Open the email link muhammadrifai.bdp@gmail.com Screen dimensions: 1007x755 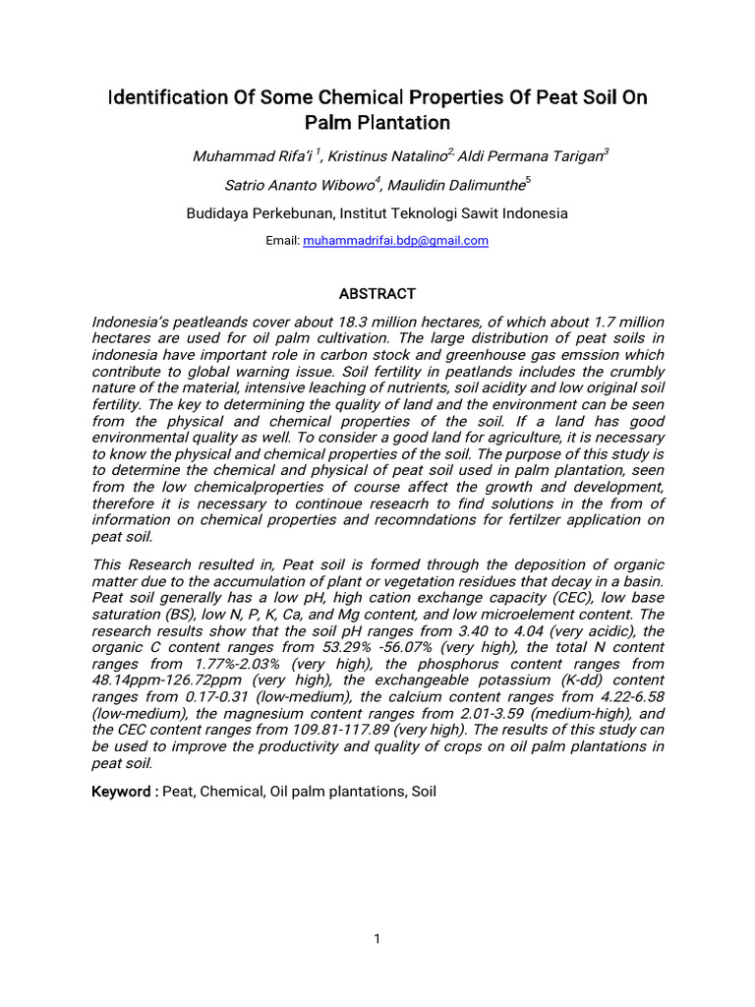click(x=395, y=240)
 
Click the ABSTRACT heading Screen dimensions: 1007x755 click(x=377, y=294)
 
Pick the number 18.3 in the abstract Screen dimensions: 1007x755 click(x=402, y=323)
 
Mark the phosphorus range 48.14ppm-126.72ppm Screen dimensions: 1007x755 click(x=174, y=681)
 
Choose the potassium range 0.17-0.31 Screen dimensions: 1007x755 click(x=196, y=697)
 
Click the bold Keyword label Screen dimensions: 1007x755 click(x=125, y=790)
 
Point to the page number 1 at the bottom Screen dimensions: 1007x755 click(x=377, y=939)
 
